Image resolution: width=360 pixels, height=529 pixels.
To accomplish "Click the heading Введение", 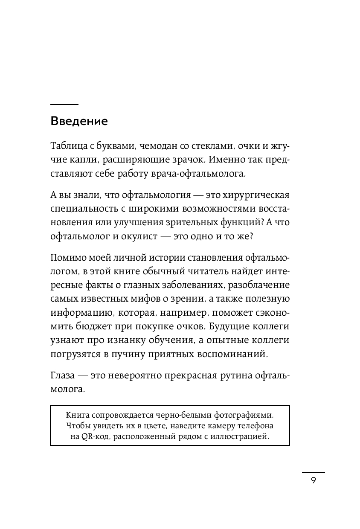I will click(x=79, y=121).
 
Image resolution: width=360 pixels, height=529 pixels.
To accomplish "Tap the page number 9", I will click(x=314, y=481).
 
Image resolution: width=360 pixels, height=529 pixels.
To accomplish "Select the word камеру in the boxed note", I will click(x=217, y=425).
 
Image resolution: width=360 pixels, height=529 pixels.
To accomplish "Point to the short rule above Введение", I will click(x=64, y=105).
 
